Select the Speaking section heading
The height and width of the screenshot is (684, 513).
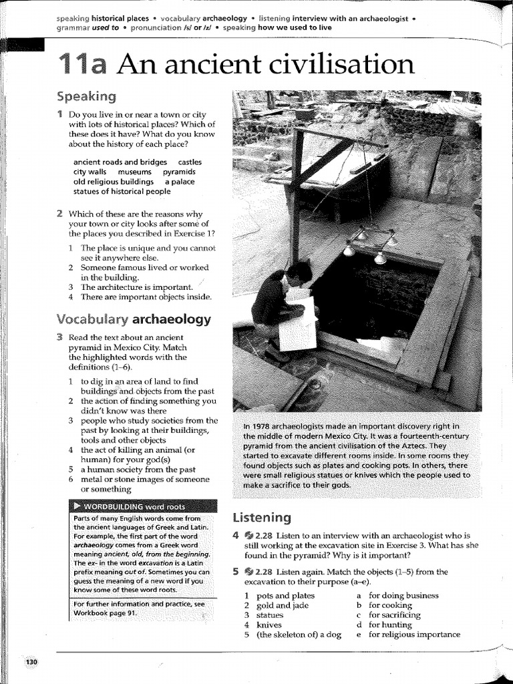click(x=86, y=96)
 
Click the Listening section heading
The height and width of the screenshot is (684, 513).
click(x=261, y=517)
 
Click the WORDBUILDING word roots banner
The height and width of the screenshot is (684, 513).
click(x=144, y=506)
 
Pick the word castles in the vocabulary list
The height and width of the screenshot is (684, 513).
click(x=190, y=162)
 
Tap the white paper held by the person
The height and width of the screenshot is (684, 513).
click(x=299, y=324)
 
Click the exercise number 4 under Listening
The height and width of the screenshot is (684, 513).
click(x=235, y=536)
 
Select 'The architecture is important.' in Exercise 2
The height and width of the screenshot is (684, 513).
click(x=130, y=287)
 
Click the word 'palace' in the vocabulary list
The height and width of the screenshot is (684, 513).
click(x=183, y=181)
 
